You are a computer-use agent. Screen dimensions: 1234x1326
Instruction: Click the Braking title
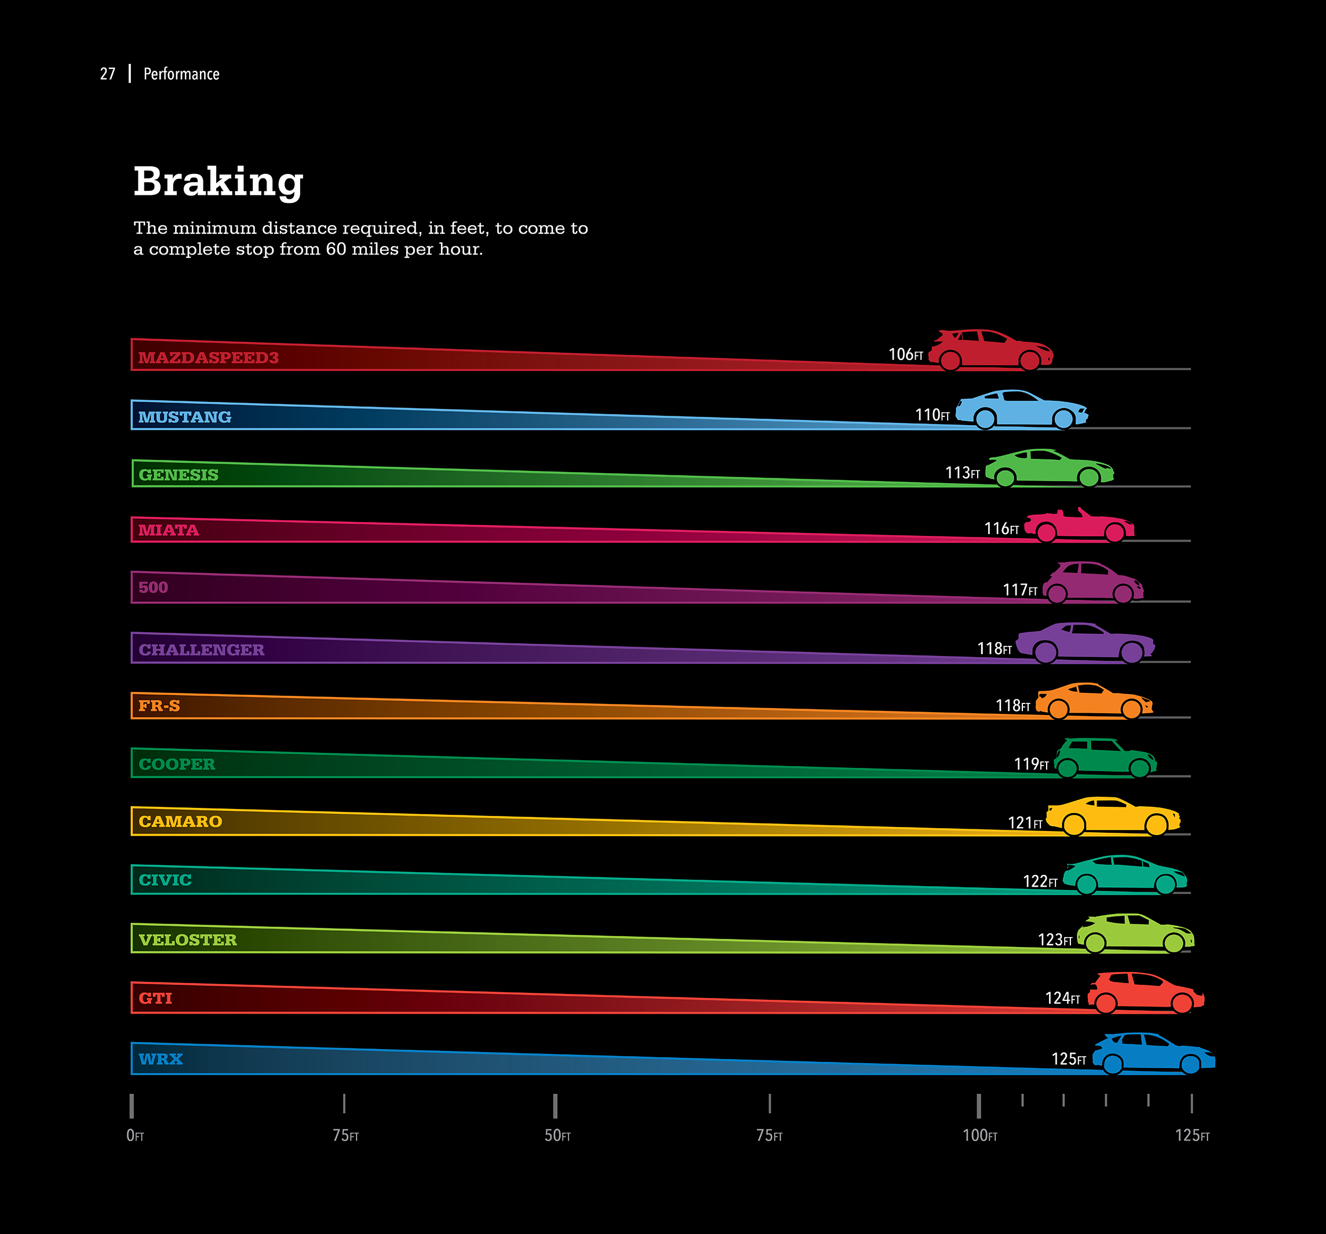[218, 182]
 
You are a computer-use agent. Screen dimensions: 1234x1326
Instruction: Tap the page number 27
[107, 74]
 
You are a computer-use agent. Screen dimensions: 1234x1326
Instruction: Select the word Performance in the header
[181, 74]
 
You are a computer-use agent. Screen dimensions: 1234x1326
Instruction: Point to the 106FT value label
[905, 354]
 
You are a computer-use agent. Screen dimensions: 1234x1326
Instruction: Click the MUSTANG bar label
[185, 417]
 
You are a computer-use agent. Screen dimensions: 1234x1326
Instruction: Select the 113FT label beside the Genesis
[962, 473]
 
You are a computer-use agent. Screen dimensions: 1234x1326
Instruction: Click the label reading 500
[153, 587]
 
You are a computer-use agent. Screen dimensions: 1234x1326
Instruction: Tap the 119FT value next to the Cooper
[1030, 764]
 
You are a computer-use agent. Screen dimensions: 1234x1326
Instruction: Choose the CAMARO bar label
[180, 822]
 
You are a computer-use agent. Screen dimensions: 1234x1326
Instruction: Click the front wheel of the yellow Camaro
[1156, 825]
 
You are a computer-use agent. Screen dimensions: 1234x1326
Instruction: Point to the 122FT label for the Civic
[1040, 881]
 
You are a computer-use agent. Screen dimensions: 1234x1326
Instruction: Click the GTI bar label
[155, 999]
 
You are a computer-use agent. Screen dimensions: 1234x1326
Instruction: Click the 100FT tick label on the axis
[979, 1135]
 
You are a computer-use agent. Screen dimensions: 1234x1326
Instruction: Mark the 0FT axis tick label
[134, 1135]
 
